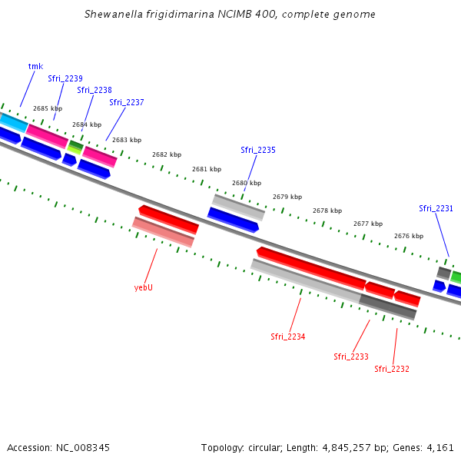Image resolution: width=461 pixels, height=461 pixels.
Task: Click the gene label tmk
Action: (35, 66)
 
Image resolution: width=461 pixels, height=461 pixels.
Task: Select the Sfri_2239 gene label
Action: (65, 78)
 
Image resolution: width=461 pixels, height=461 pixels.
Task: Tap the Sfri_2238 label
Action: (95, 90)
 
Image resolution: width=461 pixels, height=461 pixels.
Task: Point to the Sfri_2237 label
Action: (126, 102)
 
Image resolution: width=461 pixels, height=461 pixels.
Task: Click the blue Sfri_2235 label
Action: (257, 150)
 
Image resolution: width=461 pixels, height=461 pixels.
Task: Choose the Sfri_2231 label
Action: (436, 208)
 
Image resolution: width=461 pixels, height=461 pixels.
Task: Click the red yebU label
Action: (143, 287)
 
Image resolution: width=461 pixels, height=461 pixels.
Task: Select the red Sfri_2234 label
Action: (287, 337)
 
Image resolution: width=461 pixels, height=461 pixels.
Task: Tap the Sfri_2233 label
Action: (350, 357)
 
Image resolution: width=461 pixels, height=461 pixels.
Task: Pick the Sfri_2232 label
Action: (391, 369)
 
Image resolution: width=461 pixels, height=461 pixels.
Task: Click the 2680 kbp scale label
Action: (247, 183)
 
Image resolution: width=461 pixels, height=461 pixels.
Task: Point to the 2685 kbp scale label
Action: (48, 108)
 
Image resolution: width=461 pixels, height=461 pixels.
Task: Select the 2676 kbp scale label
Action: (408, 236)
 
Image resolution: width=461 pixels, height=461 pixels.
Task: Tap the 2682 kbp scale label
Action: (167, 154)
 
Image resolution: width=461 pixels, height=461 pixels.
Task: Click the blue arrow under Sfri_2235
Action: (233, 219)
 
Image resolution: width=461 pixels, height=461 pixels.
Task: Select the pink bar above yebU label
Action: (163, 232)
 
